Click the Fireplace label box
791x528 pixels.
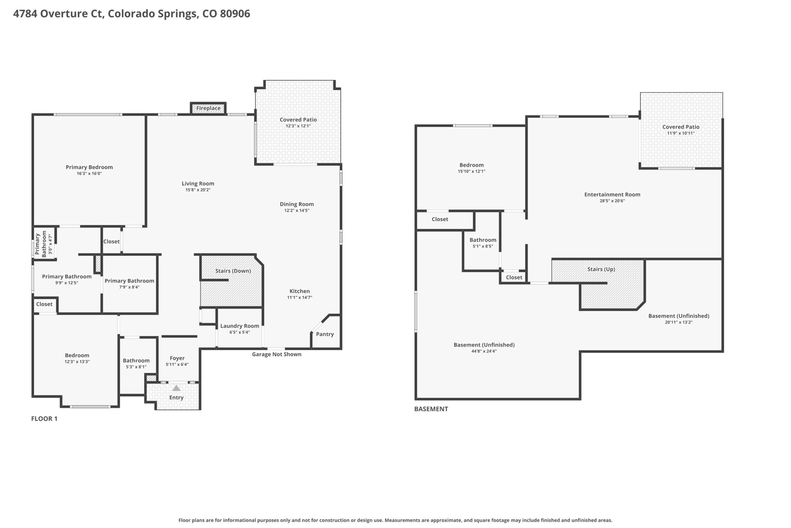pyautogui.click(x=208, y=108)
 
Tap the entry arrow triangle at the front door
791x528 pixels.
pyautogui.click(x=176, y=388)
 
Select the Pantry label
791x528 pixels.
pyautogui.click(x=325, y=334)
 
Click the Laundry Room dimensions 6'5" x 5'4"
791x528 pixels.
pyautogui.click(x=239, y=332)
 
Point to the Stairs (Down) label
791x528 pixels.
pyautogui.click(x=233, y=271)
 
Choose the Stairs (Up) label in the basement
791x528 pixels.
pyautogui.click(x=601, y=269)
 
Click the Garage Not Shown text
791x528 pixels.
pyautogui.click(x=277, y=354)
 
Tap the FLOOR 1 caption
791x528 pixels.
pyautogui.click(x=44, y=419)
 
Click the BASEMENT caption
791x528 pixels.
pyautogui.click(x=431, y=409)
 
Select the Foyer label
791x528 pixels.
pyautogui.click(x=177, y=358)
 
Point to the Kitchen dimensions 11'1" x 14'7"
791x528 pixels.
pyautogui.click(x=299, y=297)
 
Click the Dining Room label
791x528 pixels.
pyautogui.click(x=297, y=204)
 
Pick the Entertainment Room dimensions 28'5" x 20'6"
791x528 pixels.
pyautogui.click(x=612, y=201)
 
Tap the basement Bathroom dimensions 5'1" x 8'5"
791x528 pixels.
pyautogui.click(x=483, y=246)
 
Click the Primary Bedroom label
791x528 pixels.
pyautogui.click(x=89, y=167)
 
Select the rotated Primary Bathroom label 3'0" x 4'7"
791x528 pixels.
pyautogui.click(x=44, y=244)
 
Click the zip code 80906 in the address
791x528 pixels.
pyautogui.click(x=235, y=14)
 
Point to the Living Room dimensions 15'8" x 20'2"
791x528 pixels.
pyautogui.click(x=198, y=190)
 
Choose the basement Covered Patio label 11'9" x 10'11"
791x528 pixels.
pyautogui.click(x=681, y=130)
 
